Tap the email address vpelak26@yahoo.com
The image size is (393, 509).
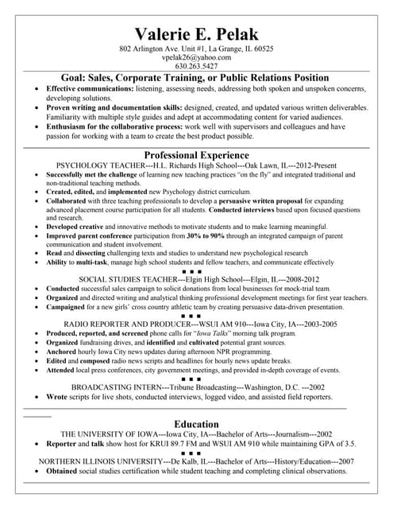point(196,58)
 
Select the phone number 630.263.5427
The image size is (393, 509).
point(196,67)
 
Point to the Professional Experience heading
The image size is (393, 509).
point(196,155)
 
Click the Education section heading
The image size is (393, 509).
point(196,424)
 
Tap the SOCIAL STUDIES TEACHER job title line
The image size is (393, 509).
point(199,279)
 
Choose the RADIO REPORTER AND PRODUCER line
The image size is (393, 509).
point(200,324)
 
